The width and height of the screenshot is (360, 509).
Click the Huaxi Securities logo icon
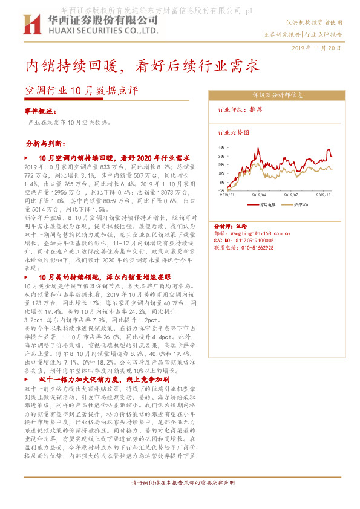coord(31,25)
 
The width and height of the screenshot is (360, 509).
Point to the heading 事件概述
coord(41,112)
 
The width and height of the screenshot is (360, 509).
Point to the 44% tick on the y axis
coord(223,147)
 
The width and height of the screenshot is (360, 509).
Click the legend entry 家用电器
coord(267,204)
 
